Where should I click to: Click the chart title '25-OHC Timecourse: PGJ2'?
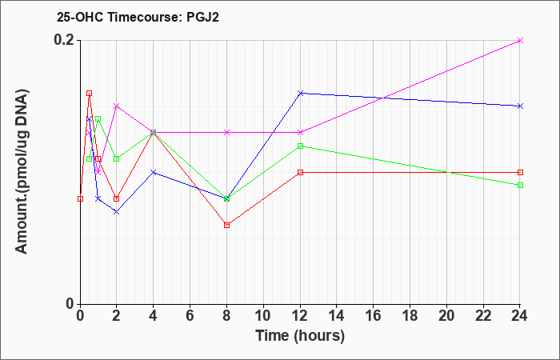tap(133, 16)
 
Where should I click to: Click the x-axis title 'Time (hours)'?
tap(300, 335)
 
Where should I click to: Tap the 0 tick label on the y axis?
tap(70, 304)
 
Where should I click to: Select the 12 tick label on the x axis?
tap(300, 317)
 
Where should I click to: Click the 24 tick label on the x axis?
tap(520, 317)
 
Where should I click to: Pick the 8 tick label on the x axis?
tap(226, 317)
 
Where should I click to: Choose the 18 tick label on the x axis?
tap(410, 317)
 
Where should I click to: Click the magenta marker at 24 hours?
tap(521, 40)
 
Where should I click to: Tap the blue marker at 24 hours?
tap(521, 106)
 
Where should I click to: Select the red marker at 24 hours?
tap(521, 172)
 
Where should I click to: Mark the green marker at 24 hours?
tap(521, 185)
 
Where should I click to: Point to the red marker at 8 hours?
tap(227, 225)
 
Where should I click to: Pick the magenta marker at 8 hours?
tap(227, 132)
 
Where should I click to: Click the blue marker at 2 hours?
tap(117, 211)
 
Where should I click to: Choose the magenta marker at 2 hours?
tap(117, 106)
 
